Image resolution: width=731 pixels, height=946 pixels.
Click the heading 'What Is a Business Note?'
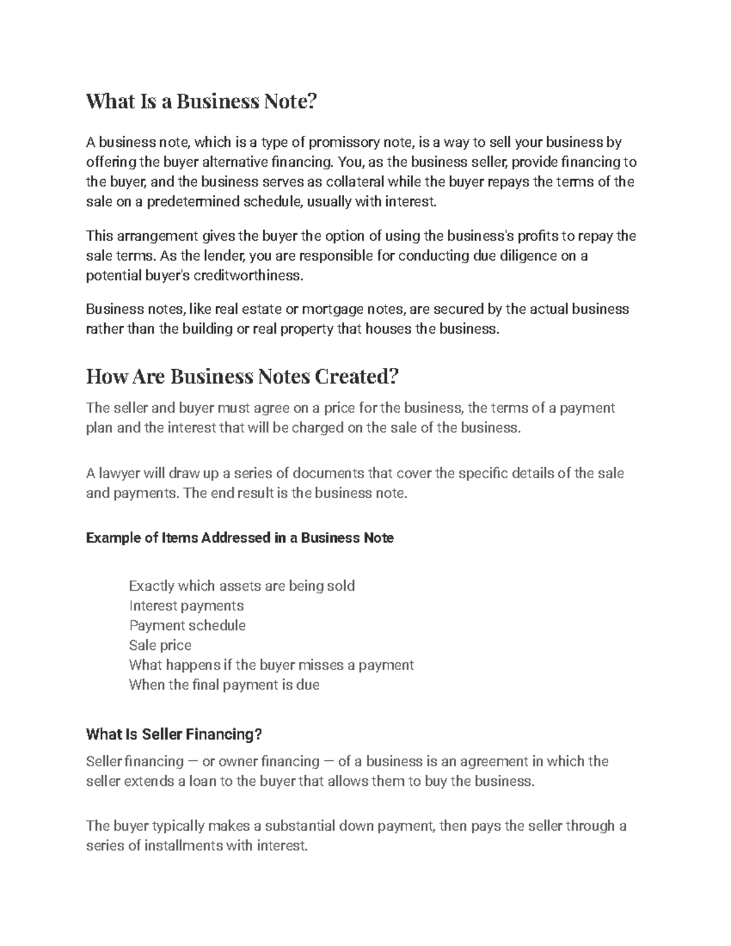click(x=202, y=101)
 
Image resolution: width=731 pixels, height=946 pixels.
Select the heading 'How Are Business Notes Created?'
click(x=242, y=377)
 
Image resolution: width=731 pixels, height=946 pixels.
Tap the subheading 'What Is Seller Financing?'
click(x=174, y=735)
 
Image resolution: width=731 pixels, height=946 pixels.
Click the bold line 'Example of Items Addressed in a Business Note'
click(x=240, y=538)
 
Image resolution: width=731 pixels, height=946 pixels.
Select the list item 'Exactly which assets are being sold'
click(x=242, y=586)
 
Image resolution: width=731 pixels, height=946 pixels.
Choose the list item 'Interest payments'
click(x=186, y=606)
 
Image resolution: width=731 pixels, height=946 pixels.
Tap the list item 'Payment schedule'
click(x=187, y=626)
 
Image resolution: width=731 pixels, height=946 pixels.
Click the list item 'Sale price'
click(x=160, y=645)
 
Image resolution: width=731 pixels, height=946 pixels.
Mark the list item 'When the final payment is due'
click(x=224, y=685)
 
